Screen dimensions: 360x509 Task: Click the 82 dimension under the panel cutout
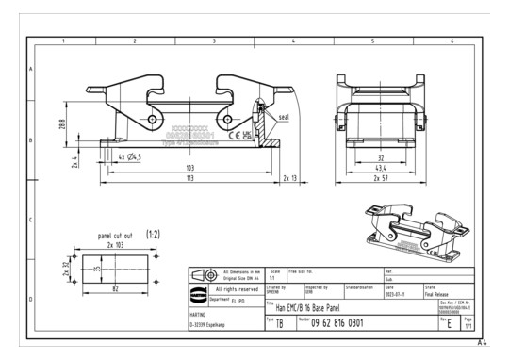115,286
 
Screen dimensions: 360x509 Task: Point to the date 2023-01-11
397,293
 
